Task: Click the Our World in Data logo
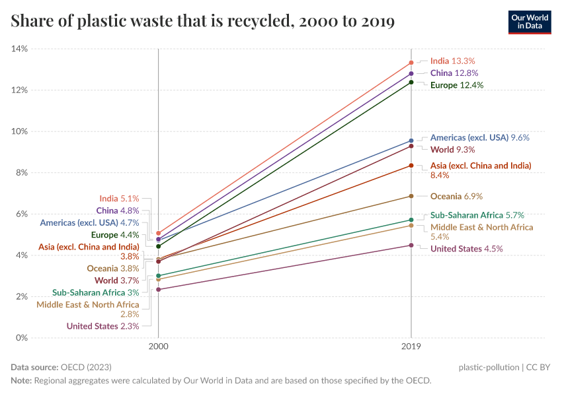click(x=529, y=22)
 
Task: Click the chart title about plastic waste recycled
click(x=203, y=22)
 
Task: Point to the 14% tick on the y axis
click(x=19, y=49)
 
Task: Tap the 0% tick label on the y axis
click(x=21, y=338)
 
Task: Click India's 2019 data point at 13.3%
click(x=411, y=63)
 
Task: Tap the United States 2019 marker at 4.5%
click(x=411, y=245)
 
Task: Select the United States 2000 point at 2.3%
click(x=158, y=290)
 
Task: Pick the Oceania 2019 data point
click(x=411, y=196)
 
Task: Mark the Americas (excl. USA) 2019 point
click(x=411, y=141)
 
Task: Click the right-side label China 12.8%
click(x=454, y=73)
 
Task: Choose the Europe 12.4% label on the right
click(x=457, y=85)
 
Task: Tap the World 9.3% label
click(x=452, y=150)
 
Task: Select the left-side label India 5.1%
click(x=119, y=198)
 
